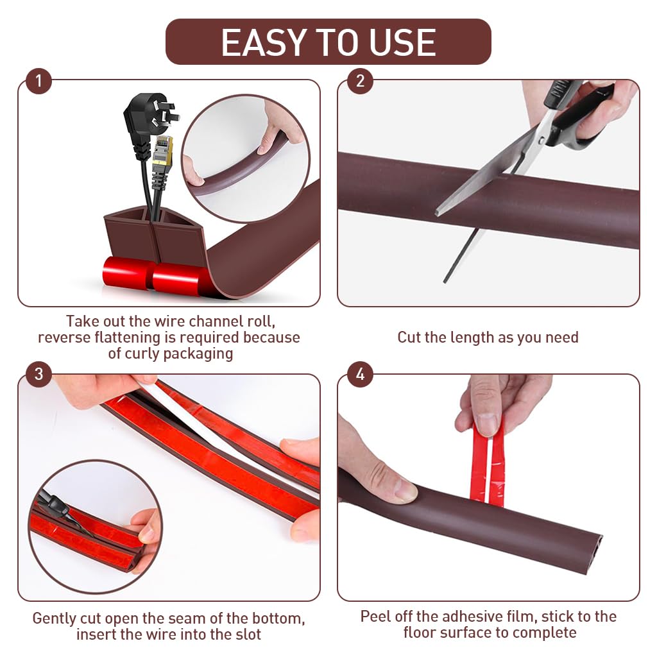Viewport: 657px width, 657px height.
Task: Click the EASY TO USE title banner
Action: pyautogui.click(x=328, y=42)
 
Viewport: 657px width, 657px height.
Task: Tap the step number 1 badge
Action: pyautogui.click(x=38, y=81)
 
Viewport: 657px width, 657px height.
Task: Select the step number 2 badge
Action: pyautogui.click(x=360, y=81)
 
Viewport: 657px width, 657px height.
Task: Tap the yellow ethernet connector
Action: pyautogui.click(x=163, y=151)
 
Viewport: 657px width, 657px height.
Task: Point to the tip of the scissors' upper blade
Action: pyautogui.click(x=438, y=212)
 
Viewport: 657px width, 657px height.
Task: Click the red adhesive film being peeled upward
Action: pyautogui.click(x=488, y=462)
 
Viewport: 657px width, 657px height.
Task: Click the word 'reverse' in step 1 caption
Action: pyautogui.click(x=64, y=337)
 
